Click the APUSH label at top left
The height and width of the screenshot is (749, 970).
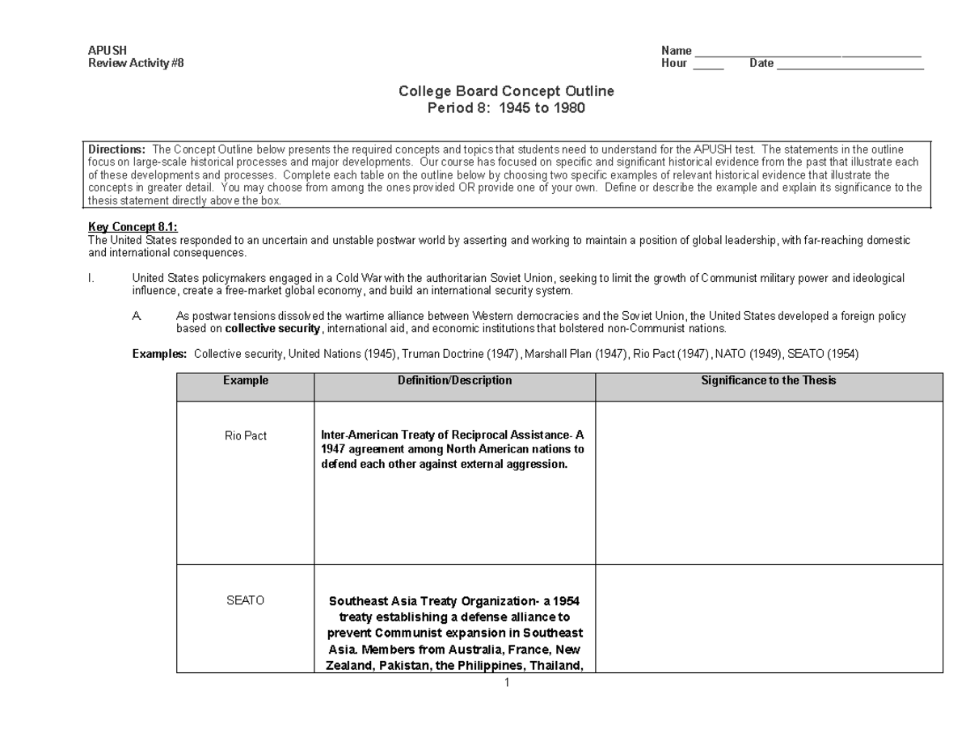coord(107,51)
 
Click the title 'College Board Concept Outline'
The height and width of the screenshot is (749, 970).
coord(506,91)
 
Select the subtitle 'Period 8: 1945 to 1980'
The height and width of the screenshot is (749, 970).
coord(506,107)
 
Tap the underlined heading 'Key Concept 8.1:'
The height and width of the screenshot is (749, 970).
coord(133,228)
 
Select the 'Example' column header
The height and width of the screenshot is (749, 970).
coord(246,381)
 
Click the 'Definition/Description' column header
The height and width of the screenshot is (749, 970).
coord(454,381)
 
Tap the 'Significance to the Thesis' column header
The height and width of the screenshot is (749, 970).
coord(769,381)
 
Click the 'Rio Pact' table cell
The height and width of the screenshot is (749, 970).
coord(246,436)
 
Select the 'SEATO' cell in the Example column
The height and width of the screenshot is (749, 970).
coord(246,600)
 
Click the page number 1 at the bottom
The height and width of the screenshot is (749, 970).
coord(507,683)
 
